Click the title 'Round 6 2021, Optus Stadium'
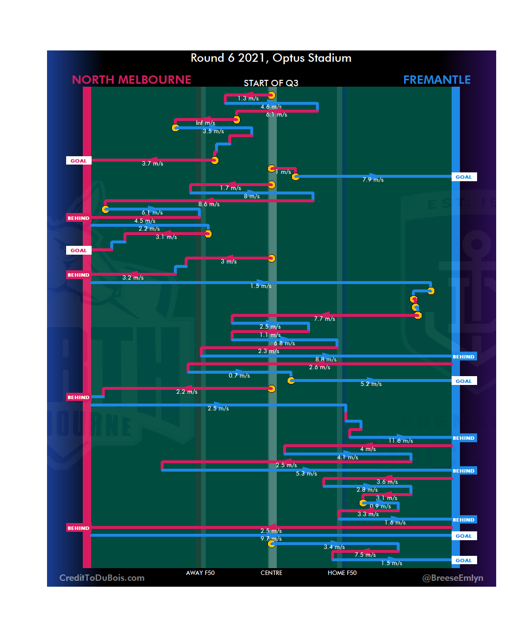(271, 58)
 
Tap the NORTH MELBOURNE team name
(131, 80)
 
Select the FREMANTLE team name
(436, 80)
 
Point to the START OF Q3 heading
(271, 83)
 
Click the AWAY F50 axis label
(200, 573)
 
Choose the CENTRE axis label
(271, 573)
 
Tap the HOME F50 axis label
(342, 573)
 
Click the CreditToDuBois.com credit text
(102, 578)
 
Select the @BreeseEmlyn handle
(453, 578)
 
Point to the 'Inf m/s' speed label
(205, 123)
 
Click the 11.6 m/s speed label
(401, 441)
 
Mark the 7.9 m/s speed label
(373, 180)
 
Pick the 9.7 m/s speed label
(271, 539)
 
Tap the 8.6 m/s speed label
(209, 204)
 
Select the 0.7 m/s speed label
(239, 376)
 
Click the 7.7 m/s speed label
(324, 319)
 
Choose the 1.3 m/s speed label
(248, 98)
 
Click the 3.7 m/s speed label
(152, 164)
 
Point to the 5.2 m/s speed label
(371, 384)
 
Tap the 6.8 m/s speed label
(284, 343)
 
